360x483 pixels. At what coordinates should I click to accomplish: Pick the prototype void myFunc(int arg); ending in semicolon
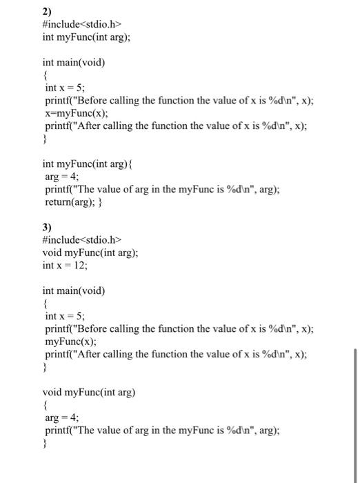click(90, 252)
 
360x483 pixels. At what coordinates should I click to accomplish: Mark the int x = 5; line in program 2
click(64, 88)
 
